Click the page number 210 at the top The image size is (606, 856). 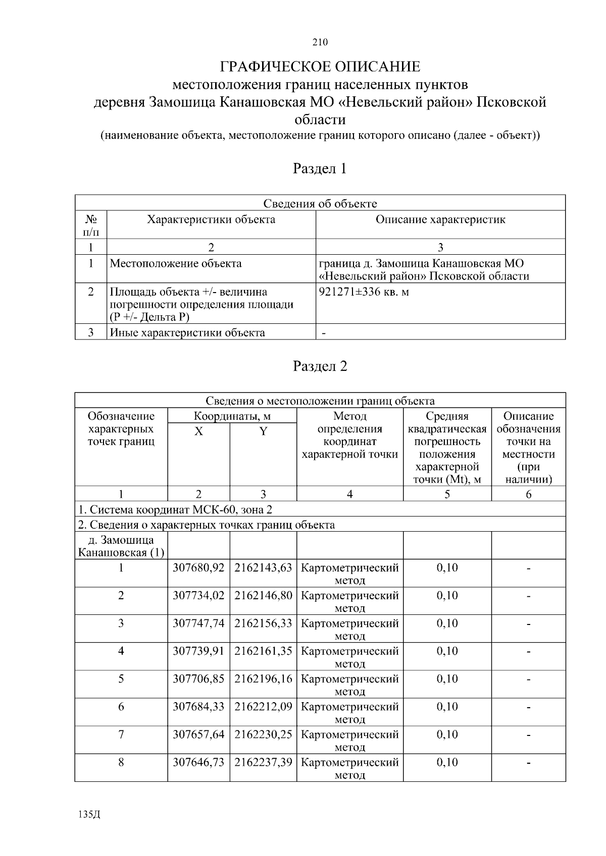point(320,42)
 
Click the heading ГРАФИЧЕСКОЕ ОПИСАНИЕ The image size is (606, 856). point(320,67)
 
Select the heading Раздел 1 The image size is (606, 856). point(320,168)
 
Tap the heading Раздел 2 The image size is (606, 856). point(320,366)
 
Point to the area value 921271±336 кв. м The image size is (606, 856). point(364,292)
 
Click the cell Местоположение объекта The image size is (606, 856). point(175,263)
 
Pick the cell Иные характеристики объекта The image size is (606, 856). point(187,332)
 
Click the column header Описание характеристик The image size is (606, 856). point(440,219)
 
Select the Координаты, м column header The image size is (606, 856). point(232,416)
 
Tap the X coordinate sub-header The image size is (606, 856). point(199,432)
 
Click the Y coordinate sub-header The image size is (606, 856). point(263,432)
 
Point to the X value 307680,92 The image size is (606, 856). point(198,568)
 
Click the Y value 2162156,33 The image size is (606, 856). point(263,623)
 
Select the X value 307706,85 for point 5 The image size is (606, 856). point(198,679)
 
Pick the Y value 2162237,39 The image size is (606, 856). point(263,762)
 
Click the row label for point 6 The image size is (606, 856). point(121,707)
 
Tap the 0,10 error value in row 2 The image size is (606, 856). point(447,596)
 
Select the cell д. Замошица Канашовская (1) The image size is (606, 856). point(121,546)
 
